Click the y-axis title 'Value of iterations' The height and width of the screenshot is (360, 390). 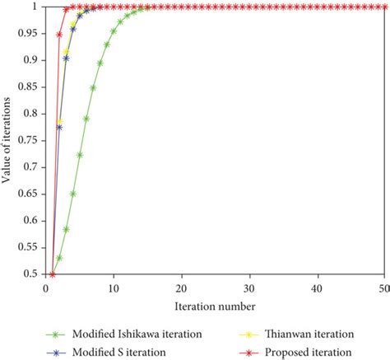(x=7, y=141)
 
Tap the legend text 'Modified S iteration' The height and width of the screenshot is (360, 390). (x=119, y=352)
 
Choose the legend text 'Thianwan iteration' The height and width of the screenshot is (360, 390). (x=309, y=334)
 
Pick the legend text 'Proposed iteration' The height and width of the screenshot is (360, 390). (x=309, y=352)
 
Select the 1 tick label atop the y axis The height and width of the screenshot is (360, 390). (x=36, y=7)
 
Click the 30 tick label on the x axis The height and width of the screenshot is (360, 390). (x=248, y=288)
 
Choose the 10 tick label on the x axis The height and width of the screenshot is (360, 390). (x=113, y=288)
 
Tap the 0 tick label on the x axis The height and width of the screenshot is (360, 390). (x=46, y=288)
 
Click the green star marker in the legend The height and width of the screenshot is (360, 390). (x=56, y=334)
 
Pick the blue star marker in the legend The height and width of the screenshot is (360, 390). (x=56, y=353)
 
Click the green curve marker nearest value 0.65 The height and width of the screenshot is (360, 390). (x=73, y=194)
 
